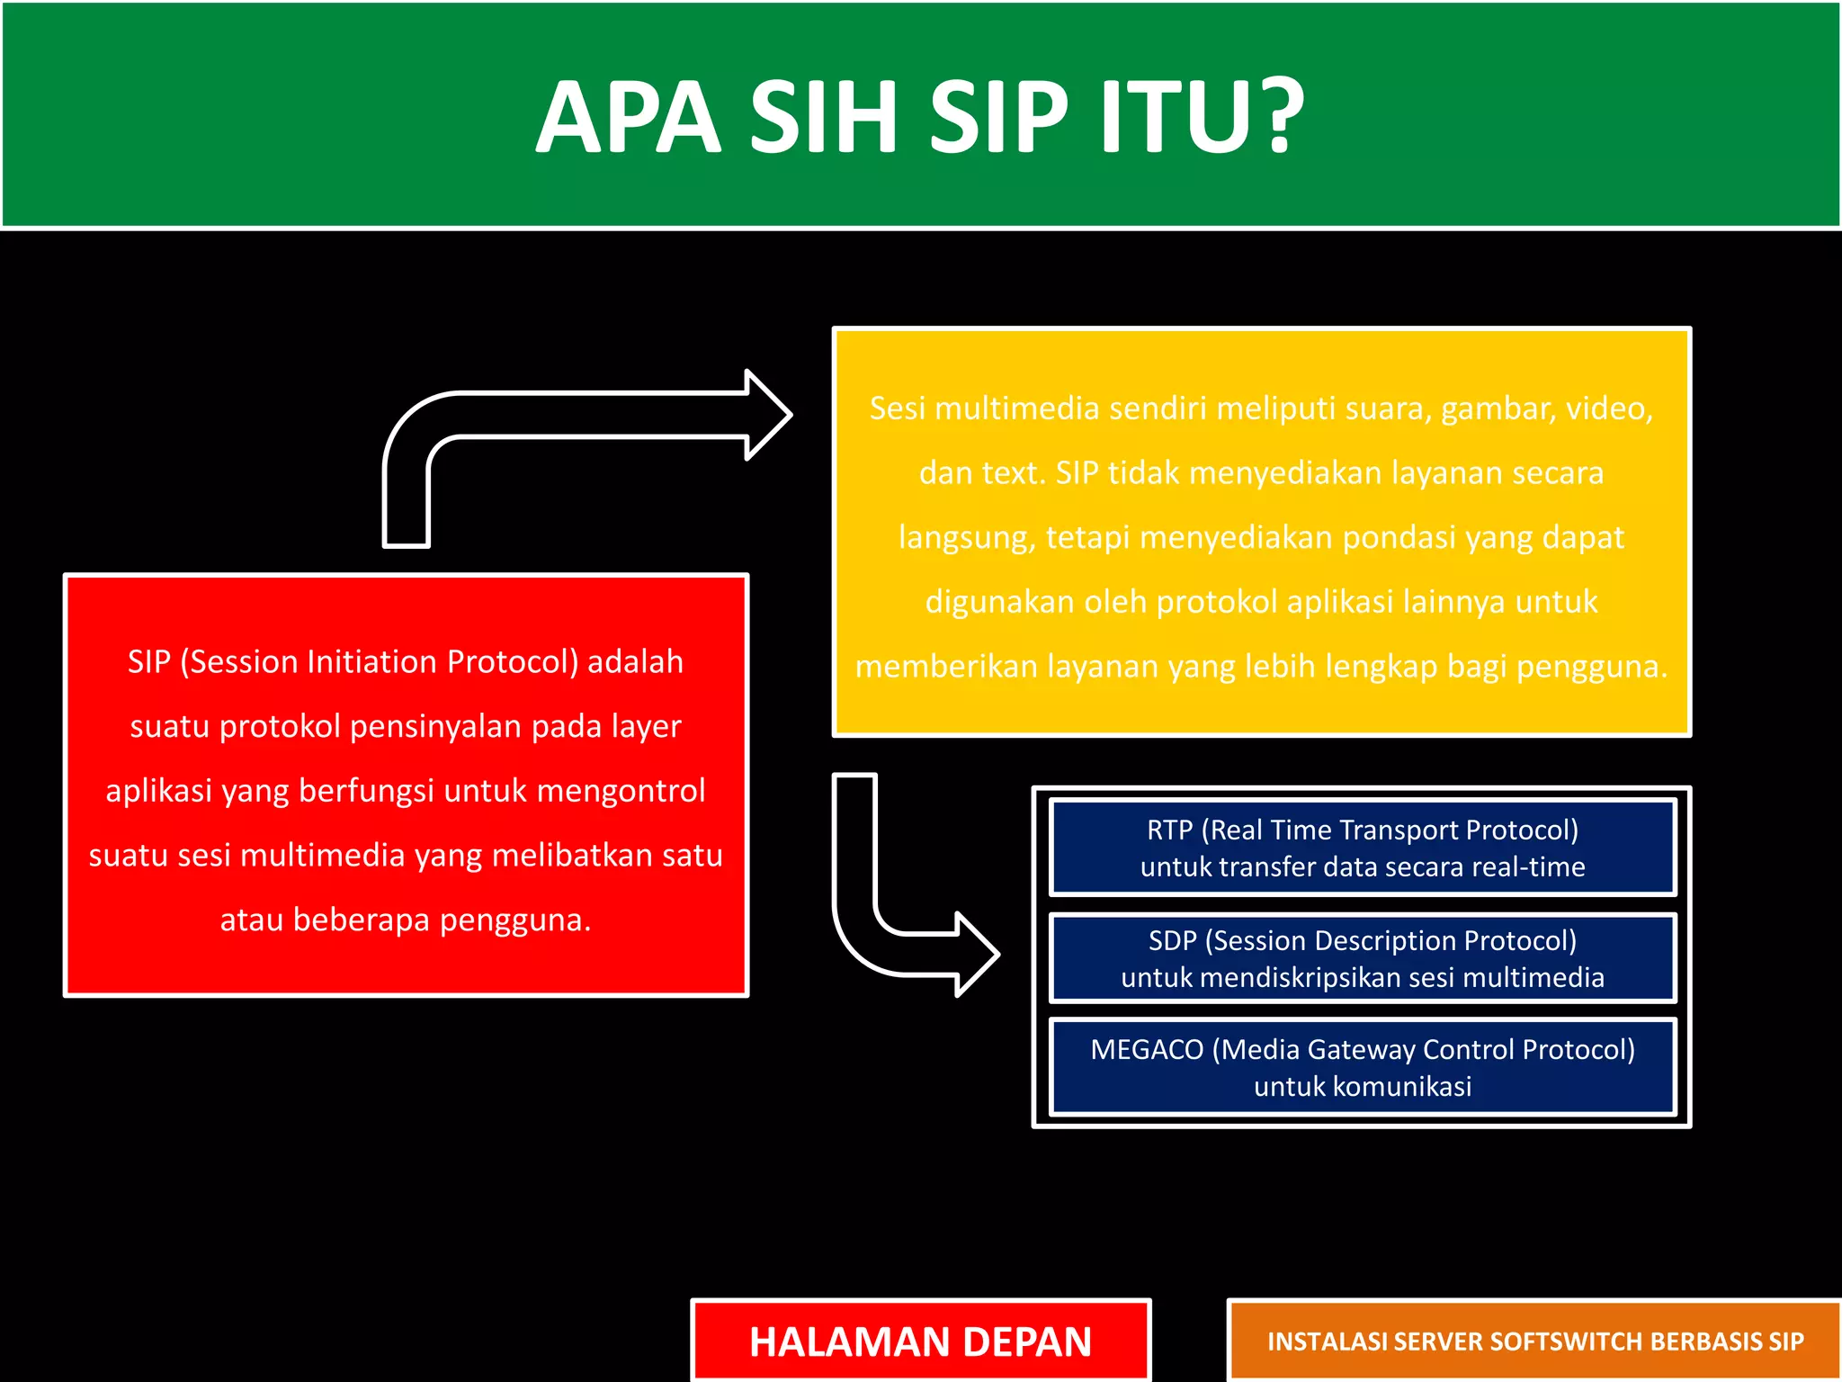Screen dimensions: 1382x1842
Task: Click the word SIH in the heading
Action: click(823, 117)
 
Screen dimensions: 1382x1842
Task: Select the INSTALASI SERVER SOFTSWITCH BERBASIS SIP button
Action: click(1534, 1341)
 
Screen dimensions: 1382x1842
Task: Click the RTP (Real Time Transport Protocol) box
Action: click(1362, 848)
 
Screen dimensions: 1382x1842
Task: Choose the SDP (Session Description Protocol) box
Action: click(1362, 958)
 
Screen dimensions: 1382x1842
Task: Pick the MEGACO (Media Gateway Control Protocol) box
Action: click(1362, 1067)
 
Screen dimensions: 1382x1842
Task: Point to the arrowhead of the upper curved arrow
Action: click(769, 415)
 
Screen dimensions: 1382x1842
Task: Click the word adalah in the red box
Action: click(635, 662)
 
